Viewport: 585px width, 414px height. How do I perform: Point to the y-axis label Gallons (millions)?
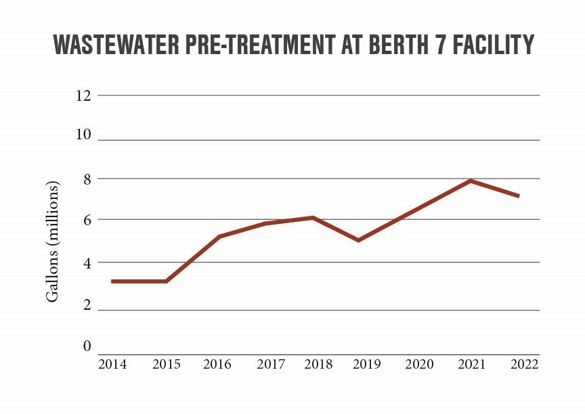click(x=52, y=242)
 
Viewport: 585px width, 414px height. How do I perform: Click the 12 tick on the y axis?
click(x=83, y=95)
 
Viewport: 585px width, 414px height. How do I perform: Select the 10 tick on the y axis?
click(x=83, y=134)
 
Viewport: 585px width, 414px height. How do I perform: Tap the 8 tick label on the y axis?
click(x=87, y=179)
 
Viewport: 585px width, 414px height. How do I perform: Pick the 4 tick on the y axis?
click(x=87, y=262)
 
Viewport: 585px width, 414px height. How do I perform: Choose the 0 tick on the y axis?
click(x=87, y=346)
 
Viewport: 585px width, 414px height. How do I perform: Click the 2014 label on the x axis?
click(x=112, y=365)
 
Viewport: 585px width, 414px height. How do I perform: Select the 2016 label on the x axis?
click(x=217, y=365)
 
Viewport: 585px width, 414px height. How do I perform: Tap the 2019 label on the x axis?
click(x=368, y=365)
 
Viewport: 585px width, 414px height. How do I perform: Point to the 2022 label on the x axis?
click(x=525, y=365)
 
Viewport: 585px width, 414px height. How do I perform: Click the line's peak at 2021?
click(x=469, y=181)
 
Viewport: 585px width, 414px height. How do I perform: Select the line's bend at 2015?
click(x=166, y=281)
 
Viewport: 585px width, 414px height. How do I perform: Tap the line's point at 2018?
click(x=313, y=217)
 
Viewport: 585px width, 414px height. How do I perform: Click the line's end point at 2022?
click(x=519, y=196)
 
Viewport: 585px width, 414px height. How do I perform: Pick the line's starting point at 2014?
click(x=112, y=281)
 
